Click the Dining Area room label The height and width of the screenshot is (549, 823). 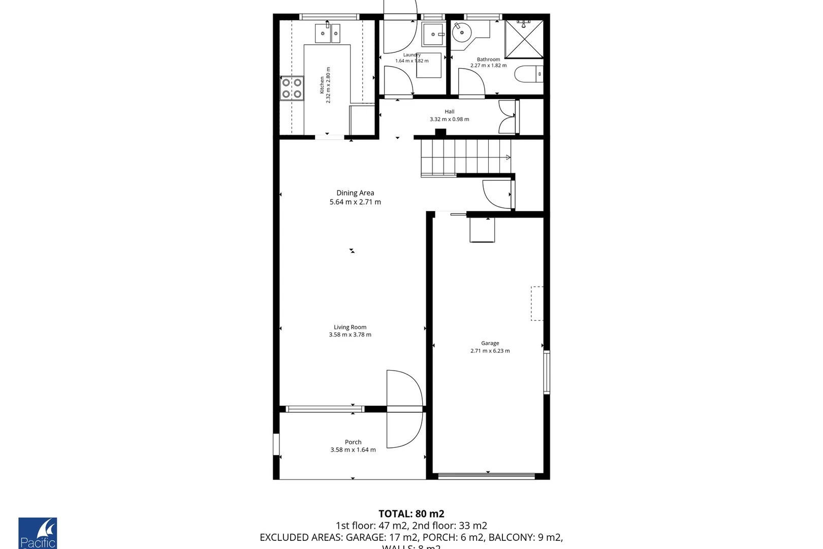[x=355, y=193]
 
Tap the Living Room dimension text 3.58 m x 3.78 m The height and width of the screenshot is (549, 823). [x=350, y=334]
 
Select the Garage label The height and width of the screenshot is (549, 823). [x=490, y=343]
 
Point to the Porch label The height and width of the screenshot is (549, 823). [x=353, y=442]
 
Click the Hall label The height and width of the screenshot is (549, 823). [x=450, y=112]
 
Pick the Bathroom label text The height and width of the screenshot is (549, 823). [x=488, y=59]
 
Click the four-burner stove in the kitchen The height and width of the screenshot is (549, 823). [x=292, y=88]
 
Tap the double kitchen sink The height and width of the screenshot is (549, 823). [x=328, y=34]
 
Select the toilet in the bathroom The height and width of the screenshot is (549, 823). [x=529, y=74]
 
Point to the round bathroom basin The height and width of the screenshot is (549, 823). [x=462, y=34]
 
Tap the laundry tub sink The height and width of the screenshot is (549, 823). [x=433, y=35]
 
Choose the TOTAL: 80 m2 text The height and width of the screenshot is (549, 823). [x=411, y=514]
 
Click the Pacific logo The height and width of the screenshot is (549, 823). [x=38, y=534]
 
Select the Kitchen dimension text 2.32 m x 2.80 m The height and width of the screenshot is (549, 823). [x=328, y=85]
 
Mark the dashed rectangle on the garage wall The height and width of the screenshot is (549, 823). [x=537, y=303]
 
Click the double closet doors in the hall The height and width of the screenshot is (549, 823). [x=508, y=117]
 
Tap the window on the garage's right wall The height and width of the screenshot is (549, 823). [x=547, y=372]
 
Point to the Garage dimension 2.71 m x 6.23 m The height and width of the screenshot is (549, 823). [x=490, y=351]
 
